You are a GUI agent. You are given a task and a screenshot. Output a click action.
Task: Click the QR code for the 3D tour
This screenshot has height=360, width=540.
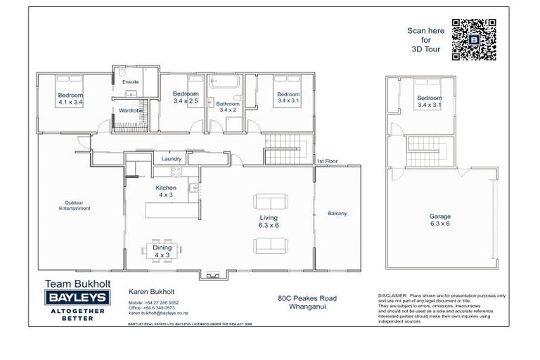474,40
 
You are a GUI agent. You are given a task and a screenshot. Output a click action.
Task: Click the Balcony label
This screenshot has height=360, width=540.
337,214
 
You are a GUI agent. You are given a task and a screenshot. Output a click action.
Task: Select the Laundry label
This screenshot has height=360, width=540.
172,159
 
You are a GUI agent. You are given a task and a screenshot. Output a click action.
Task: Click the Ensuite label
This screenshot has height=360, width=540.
131,82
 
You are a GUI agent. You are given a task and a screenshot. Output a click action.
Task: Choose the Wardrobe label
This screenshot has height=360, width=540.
131,111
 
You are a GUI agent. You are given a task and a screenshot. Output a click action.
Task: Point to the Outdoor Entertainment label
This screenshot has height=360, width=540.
75,205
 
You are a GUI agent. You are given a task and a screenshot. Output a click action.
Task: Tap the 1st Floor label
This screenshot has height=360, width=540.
327,162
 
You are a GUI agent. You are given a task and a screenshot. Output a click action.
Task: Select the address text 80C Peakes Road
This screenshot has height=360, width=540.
307,298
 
